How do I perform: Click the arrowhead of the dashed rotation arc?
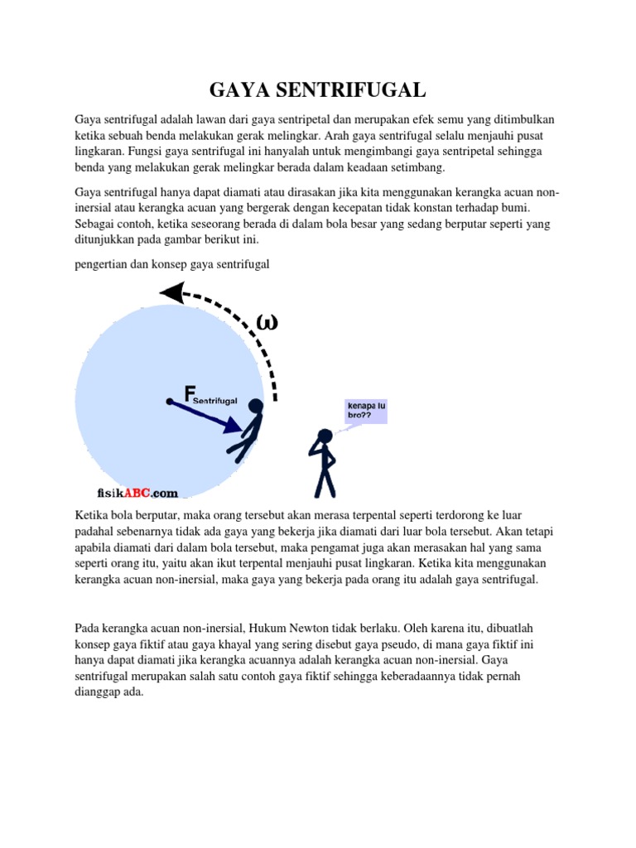(x=171, y=292)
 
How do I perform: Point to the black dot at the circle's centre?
(x=169, y=402)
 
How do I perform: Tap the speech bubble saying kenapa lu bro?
(x=364, y=411)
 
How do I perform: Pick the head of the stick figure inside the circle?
(x=256, y=406)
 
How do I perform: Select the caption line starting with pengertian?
(x=172, y=264)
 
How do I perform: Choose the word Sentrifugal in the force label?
(x=215, y=401)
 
